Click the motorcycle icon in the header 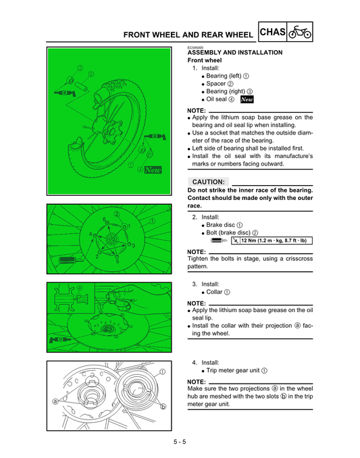coord(300,32)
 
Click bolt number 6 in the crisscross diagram coord(104,220)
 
